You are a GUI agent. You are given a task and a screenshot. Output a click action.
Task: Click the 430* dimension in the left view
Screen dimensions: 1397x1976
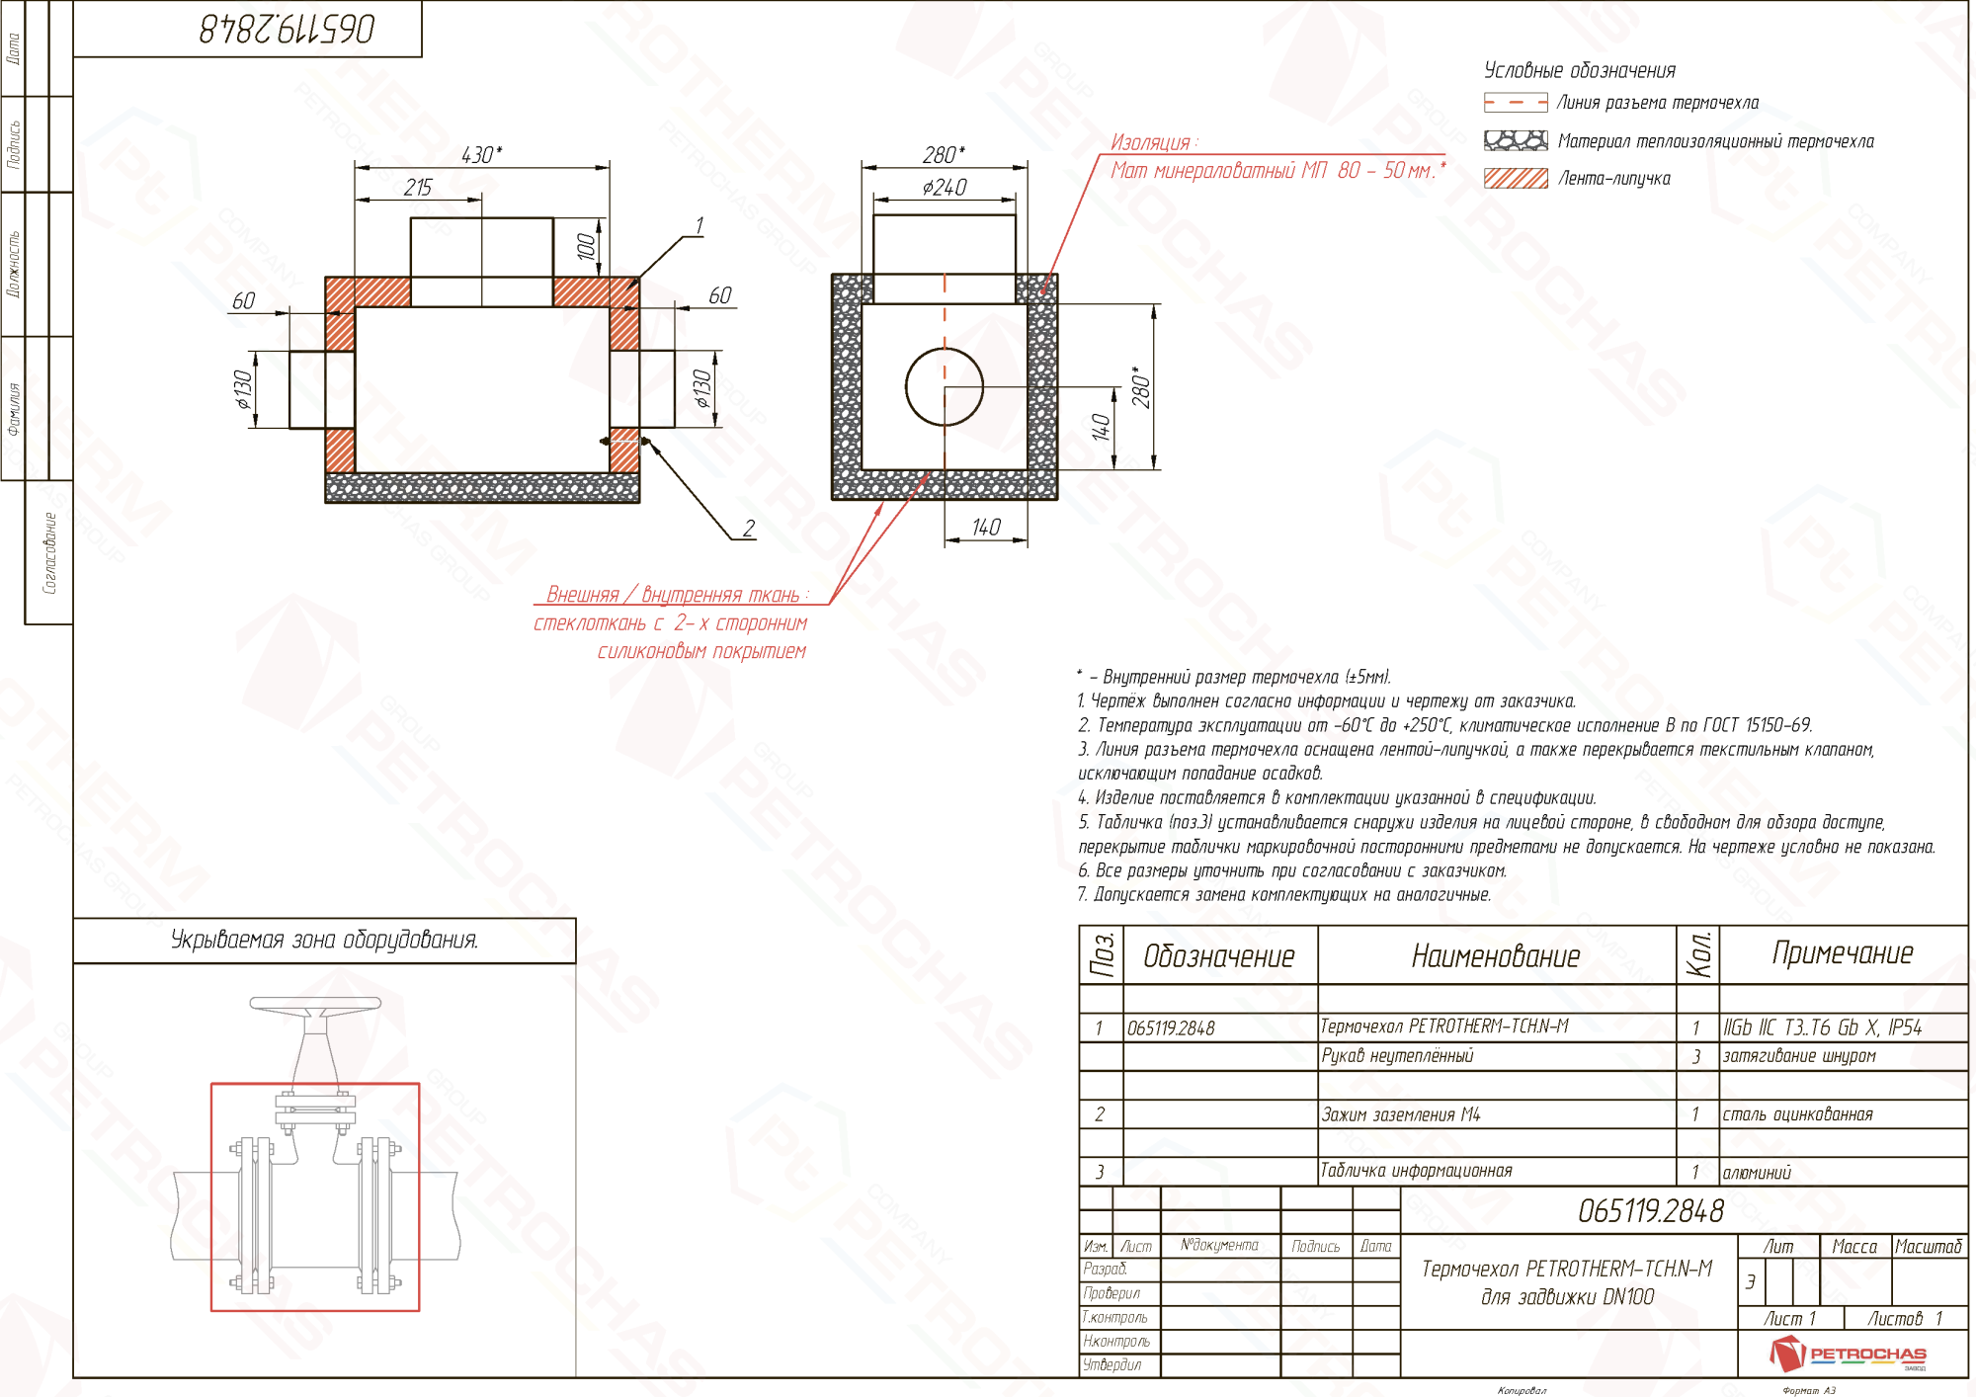481,155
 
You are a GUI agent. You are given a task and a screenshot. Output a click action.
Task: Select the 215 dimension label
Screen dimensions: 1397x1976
418,188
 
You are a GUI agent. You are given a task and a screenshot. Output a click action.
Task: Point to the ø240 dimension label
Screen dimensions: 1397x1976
944,188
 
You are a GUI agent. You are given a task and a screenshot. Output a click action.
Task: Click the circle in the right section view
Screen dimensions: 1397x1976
945,386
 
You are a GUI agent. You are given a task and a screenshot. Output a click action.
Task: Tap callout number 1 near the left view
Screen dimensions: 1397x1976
699,226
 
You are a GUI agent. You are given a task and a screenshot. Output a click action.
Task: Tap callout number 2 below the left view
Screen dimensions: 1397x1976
749,529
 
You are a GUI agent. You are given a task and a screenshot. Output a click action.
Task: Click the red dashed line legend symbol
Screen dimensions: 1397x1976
1516,103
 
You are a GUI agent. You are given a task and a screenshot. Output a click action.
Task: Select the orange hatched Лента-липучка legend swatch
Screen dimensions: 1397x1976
1516,179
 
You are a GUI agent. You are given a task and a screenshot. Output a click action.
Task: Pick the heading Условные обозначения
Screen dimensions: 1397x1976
1579,71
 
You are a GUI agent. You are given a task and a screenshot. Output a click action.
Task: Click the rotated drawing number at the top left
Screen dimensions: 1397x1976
287,29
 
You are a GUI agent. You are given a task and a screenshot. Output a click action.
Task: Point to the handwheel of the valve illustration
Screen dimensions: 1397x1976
315,1005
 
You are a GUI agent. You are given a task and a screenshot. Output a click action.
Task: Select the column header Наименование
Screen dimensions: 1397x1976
1495,955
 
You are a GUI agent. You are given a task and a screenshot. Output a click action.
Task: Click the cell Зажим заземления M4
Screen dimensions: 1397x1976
1401,1114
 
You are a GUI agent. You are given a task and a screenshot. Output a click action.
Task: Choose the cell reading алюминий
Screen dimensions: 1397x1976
1757,1173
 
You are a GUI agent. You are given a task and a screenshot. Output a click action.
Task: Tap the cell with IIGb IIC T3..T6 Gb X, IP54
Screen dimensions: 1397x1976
1822,1027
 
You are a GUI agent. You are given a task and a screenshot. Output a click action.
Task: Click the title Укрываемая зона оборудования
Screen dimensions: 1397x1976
324,940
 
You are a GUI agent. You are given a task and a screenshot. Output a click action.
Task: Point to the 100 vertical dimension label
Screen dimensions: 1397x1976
586,246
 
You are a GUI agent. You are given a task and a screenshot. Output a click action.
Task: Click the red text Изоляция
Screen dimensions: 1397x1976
1152,142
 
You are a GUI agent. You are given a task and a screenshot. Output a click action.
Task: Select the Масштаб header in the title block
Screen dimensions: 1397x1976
1928,1247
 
